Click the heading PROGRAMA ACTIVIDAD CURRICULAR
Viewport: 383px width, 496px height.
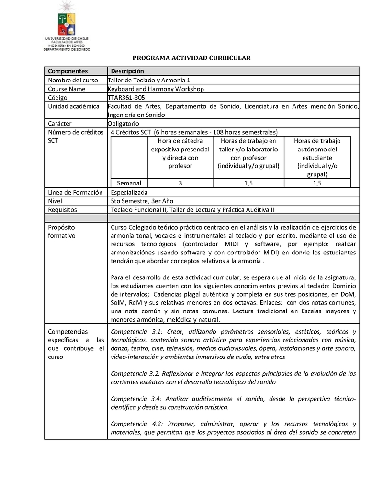(191, 58)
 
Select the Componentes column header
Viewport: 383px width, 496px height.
(68, 71)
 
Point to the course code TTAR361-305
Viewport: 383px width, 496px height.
(126, 97)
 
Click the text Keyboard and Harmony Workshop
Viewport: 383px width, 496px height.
(156, 89)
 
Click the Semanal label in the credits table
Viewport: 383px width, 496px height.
(129, 183)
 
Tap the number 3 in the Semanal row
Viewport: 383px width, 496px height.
(180, 183)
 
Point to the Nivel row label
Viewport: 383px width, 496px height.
(56, 201)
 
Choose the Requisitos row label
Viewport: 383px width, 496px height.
(63, 210)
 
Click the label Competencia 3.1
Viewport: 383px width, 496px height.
(135, 332)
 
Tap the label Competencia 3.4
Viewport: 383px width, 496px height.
(135, 399)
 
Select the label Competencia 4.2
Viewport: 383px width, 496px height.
(135, 424)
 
